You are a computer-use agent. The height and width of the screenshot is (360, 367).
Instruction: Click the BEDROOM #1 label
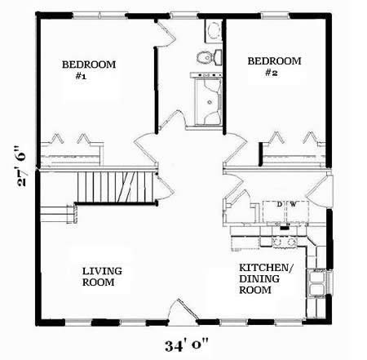tap(89, 70)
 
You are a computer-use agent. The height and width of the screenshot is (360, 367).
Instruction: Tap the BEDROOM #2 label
tap(274, 66)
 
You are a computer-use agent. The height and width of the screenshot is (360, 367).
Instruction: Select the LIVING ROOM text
tap(102, 277)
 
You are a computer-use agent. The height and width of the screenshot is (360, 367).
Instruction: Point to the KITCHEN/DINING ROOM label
tap(266, 278)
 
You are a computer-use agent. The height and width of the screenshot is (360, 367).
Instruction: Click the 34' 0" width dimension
tap(187, 346)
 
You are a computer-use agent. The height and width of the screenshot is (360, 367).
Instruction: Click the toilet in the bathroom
tap(209, 57)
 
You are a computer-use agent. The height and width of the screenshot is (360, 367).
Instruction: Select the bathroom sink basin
tap(214, 30)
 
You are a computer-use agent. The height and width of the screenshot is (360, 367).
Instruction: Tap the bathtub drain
tap(210, 102)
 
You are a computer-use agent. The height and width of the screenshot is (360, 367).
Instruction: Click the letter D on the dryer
tap(279, 204)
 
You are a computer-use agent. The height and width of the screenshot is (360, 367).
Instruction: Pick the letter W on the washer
tap(293, 204)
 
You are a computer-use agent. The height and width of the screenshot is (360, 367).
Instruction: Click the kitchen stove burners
tap(285, 242)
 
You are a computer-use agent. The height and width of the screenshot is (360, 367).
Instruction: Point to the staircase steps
tap(115, 187)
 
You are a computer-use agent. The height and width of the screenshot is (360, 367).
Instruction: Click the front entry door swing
tap(183, 311)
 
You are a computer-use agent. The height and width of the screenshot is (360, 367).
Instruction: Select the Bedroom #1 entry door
tap(146, 149)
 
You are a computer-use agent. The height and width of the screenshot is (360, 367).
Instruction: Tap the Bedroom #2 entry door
tap(235, 149)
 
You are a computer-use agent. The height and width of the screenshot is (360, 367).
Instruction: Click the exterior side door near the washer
tap(318, 191)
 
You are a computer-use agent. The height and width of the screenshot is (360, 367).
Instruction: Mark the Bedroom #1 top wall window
tap(99, 16)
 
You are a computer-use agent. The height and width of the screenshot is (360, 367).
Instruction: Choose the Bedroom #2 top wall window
tap(275, 16)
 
